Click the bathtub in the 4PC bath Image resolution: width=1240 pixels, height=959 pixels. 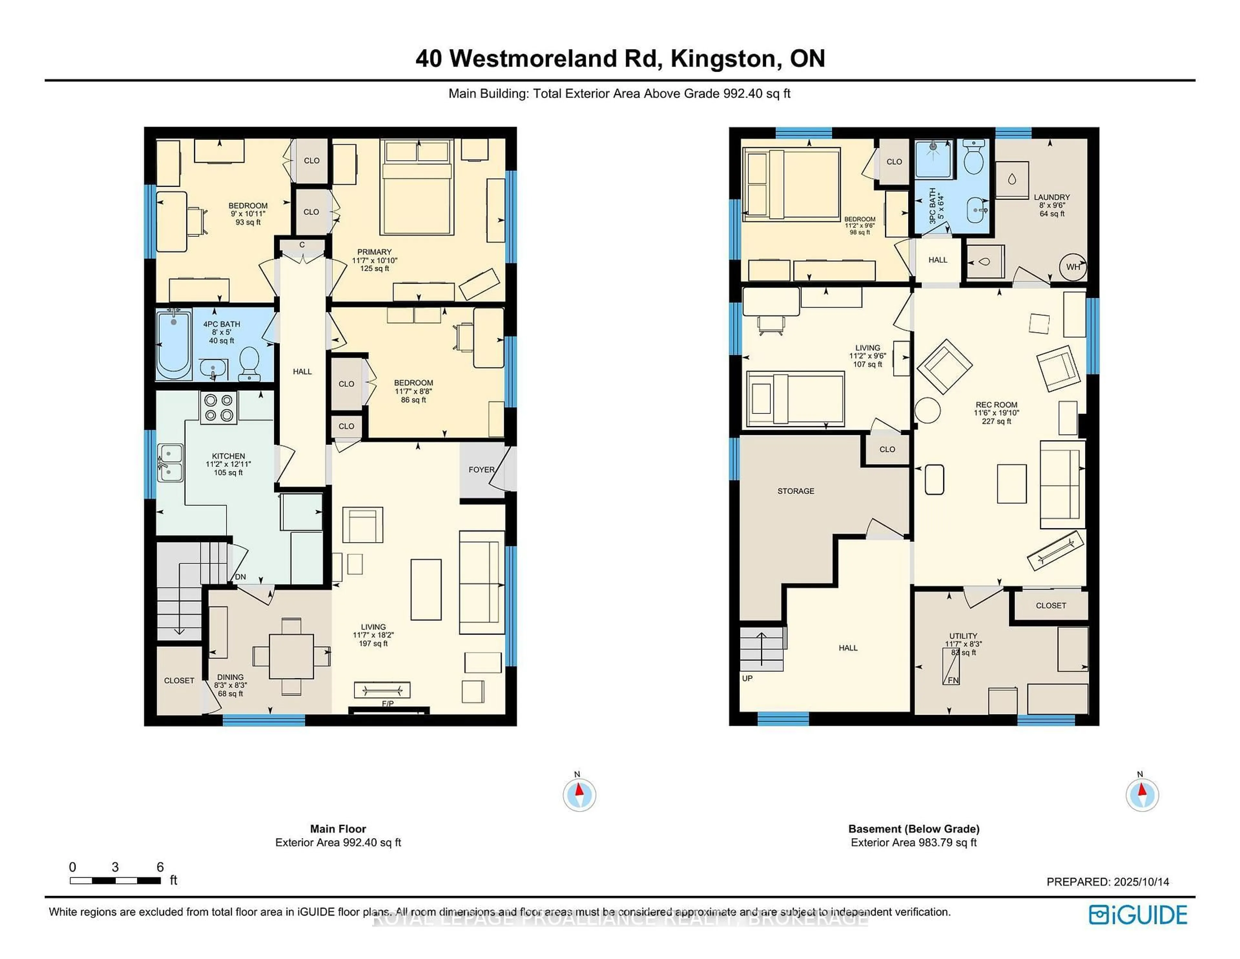tap(174, 345)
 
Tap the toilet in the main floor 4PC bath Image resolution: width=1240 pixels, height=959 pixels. tap(249, 364)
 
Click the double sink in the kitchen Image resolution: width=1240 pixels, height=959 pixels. tap(170, 462)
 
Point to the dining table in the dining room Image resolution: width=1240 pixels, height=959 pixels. tap(291, 656)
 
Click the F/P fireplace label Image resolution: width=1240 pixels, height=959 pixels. tap(388, 703)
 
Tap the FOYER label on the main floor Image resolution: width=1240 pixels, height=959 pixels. tap(481, 469)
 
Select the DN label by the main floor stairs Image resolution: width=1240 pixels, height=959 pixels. tap(240, 577)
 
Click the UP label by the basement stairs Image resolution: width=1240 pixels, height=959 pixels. tap(747, 678)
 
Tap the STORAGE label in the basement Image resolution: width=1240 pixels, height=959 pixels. tap(795, 491)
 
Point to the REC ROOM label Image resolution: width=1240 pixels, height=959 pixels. tap(997, 405)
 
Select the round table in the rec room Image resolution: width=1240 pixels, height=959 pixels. tap(927, 410)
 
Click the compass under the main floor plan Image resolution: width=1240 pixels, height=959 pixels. tap(579, 794)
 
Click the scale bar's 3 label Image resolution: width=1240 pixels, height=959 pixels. tap(115, 867)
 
